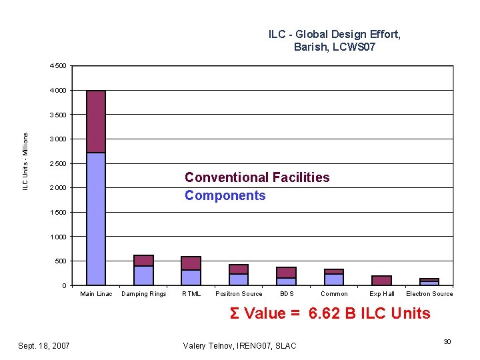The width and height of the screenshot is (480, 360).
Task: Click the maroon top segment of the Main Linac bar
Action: tap(96, 121)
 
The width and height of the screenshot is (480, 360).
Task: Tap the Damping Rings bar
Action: tap(143, 270)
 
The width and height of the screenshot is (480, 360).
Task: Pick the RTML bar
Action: tap(191, 271)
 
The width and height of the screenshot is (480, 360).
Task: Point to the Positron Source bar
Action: tap(239, 275)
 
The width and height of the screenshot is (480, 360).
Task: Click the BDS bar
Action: tap(286, 276)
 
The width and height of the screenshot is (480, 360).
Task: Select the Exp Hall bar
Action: tap(381, 281)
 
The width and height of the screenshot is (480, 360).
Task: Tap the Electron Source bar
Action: tap(429, 282)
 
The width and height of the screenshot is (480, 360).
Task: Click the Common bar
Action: tap(334, 277)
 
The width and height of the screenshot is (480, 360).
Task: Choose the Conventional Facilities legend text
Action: tap(257, 177)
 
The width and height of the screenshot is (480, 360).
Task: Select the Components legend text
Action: tap(225, 195)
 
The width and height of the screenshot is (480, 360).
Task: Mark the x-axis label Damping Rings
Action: tap(143, 294)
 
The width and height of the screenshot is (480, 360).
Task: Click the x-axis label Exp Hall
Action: tap(382, 294)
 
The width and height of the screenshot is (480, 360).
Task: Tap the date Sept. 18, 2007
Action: tap(43, 345)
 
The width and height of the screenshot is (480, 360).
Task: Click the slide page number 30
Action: tap(447, 341)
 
